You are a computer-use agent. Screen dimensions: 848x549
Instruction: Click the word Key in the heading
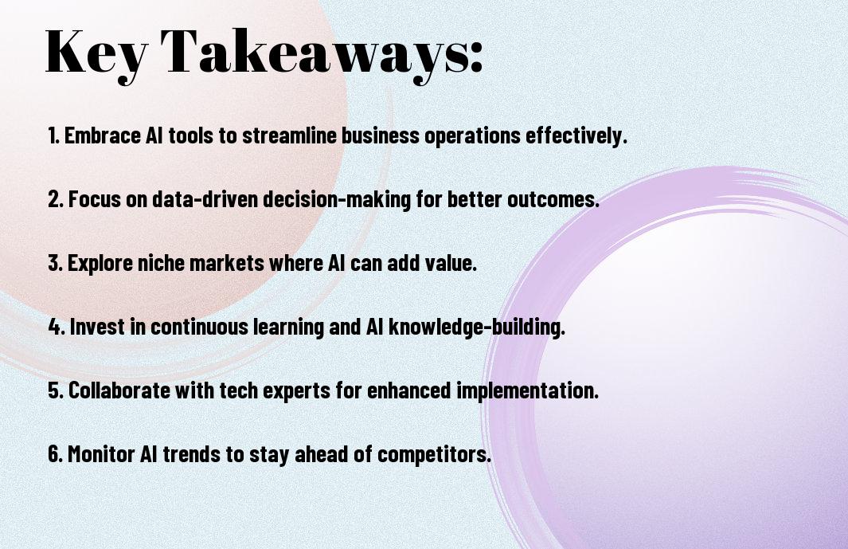(96, 53)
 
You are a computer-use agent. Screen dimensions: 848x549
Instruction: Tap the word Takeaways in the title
(312, 53)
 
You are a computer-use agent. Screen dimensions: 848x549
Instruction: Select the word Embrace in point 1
(102, 135)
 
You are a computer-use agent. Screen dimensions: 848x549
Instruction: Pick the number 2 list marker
(56, 199)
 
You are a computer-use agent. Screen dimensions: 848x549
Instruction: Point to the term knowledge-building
(476, 327)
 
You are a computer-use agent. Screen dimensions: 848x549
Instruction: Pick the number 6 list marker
(56, 453)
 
